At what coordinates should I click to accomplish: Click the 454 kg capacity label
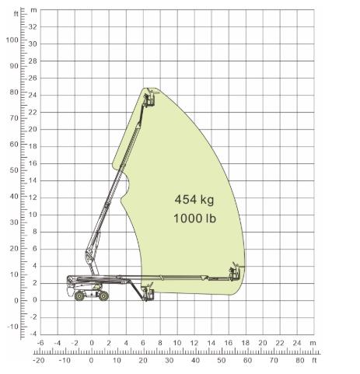(x=194, y=200)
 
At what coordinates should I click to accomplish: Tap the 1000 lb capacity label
(x=194, y=218)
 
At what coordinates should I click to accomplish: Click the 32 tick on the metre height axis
(x=33, y=26)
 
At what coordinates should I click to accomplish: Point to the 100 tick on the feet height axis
(x=12, y=40)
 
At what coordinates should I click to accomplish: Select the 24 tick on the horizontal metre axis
(x=297, y=343)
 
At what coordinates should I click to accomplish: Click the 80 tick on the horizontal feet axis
(x=300, y=360)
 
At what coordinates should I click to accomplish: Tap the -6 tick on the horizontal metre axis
(x=40, y=343)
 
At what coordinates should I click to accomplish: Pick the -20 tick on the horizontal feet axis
(x=39, y=360)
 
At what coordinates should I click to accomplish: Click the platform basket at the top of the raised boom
(x=149, y=100)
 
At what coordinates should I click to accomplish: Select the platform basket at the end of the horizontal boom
(x=235, y=274)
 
